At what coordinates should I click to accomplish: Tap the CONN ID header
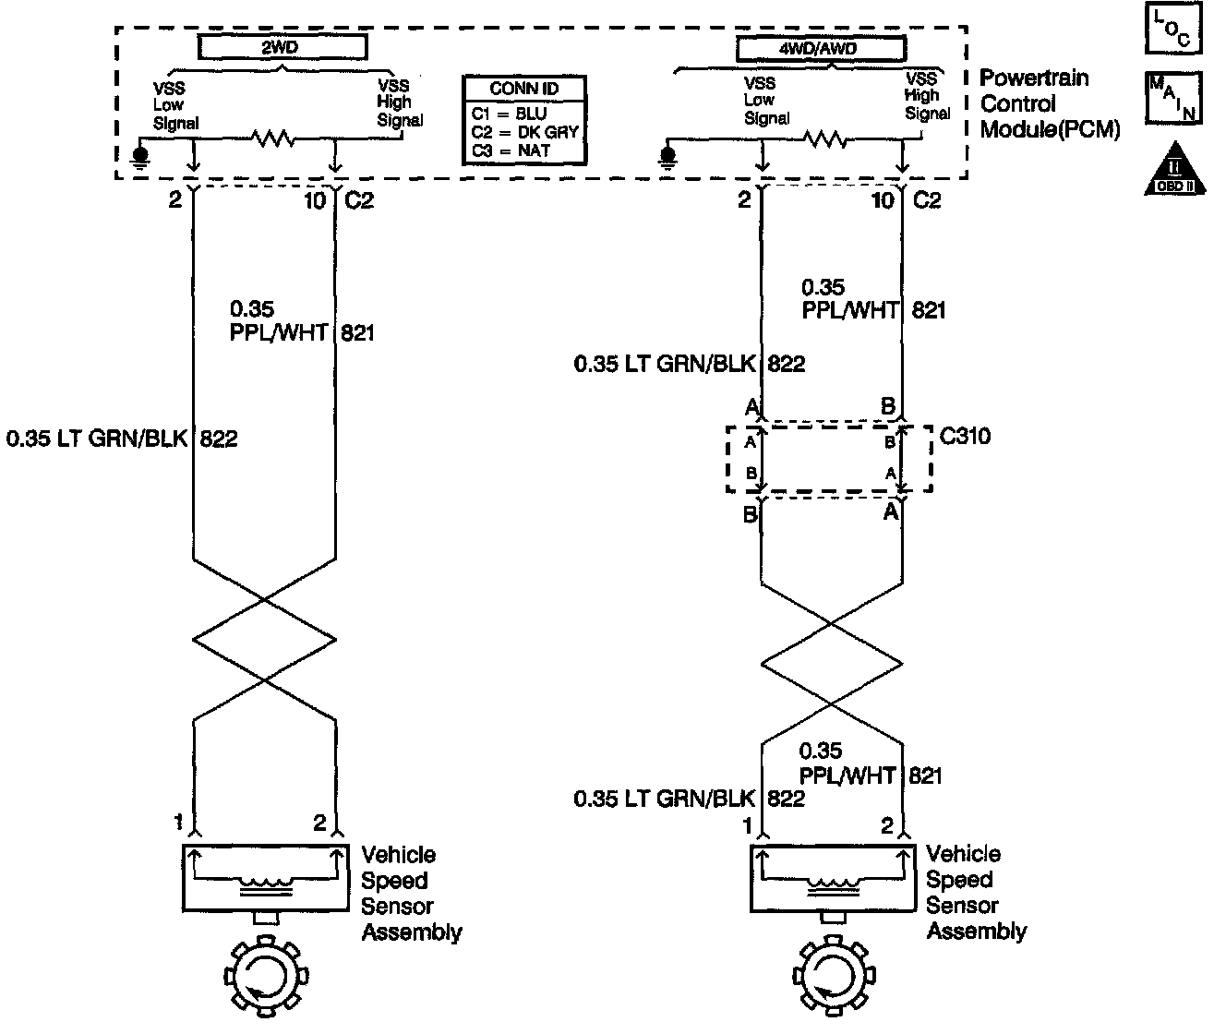(x=523, y=89)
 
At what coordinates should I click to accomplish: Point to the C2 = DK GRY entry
(x=523, y=132)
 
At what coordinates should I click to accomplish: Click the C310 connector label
(x=966, y=435)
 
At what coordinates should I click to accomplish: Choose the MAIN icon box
(x=1173, y=97)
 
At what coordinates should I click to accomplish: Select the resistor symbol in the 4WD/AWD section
(x=825, y=139)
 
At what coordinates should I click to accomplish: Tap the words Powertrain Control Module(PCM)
(x=1049, y=103)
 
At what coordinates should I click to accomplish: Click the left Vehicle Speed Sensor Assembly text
(x=411, y=894)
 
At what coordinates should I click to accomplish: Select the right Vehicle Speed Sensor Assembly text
(x=976, y=893)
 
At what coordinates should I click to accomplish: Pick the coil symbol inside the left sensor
(x=264, y=887)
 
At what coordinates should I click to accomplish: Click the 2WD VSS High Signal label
(x=399, y=102)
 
